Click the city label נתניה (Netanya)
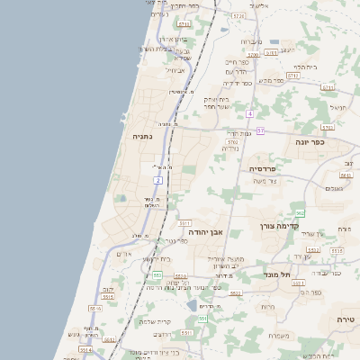coord(142,137)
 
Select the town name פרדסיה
coord(267,168)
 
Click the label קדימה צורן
coord(278,227)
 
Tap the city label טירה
coord(346,319)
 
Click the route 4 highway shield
coord(249,113)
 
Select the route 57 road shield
coord(259,130)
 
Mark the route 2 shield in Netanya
coord(157,180)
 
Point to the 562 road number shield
coord(300,213)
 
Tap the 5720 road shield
coord(238,16)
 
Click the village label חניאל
coord(338,107)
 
